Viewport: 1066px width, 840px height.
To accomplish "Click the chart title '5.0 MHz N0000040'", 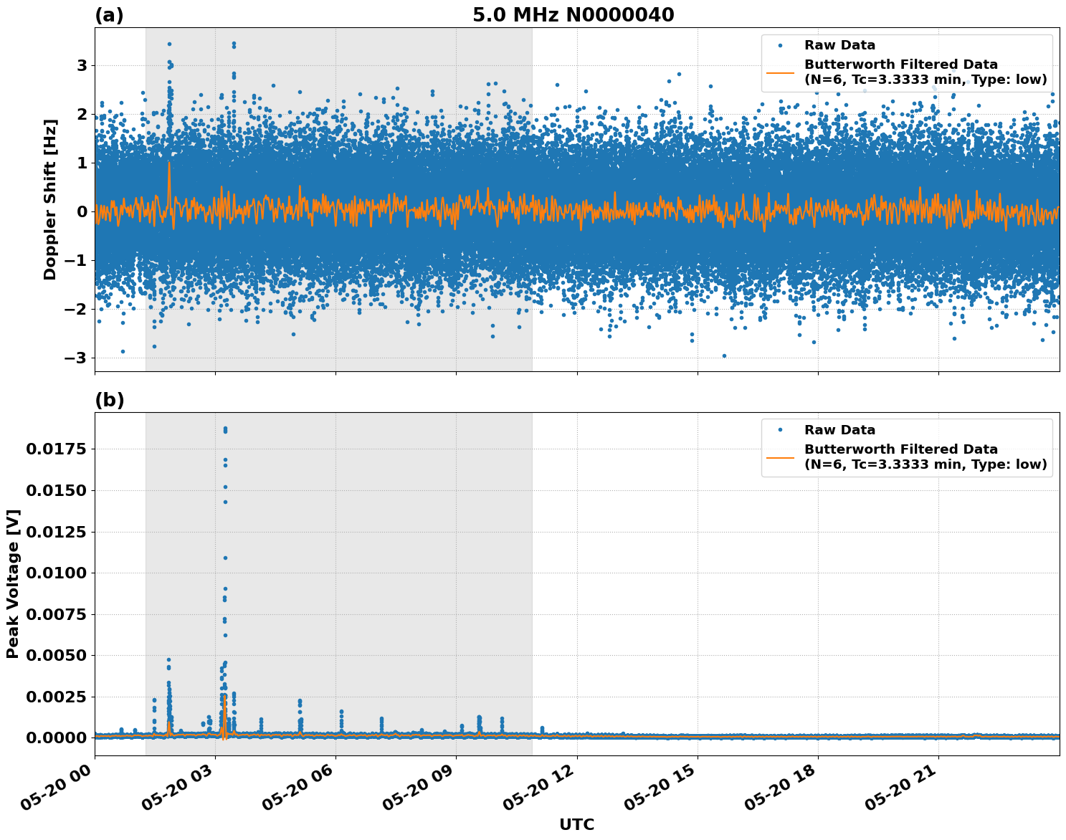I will (x=573, y=15).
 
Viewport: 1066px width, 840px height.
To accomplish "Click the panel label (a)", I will (x=109, y=15).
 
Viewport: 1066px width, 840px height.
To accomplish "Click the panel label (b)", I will (x=109, y=400).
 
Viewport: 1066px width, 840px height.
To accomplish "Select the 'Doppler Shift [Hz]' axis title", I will (x=50, y=199).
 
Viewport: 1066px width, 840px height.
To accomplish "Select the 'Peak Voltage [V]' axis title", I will (x=13, y=583).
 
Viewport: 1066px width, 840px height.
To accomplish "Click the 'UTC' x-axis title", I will (x=576, y=824).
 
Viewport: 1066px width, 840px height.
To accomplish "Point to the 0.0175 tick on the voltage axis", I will (x=56, y=449).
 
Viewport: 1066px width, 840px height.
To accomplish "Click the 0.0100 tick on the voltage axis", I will (x=56, y=573).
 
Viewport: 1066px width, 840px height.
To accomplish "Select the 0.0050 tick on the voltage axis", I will (x=56, y=656).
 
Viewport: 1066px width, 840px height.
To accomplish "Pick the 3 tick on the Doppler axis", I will (x=82, y=65).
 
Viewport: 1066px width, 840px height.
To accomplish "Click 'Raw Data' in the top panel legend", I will (x=839, y=45).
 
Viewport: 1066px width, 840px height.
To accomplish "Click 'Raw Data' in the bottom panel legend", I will (x=839, y=430).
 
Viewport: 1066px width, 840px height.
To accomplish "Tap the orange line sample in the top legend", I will (x=780, y=72).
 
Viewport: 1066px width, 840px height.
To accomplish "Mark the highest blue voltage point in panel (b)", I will (x=225, y=429).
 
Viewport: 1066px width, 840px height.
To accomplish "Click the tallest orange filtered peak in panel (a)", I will (x=169, y=163).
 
